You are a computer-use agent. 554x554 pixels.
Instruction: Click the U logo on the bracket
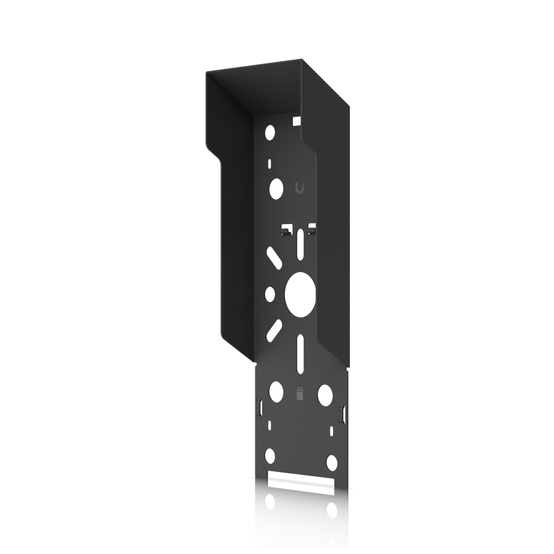(x=300, y=187)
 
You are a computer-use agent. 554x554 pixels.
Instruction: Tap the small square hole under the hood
(x=296, y=120)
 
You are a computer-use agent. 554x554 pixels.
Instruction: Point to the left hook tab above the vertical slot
(x=285, y=230)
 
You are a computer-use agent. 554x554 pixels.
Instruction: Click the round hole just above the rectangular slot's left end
(x=270, y=455)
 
